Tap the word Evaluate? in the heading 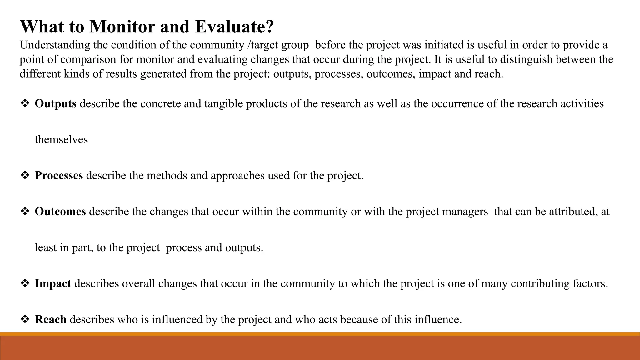click(234, 27)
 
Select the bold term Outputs click(56, 103)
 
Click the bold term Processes click(59, 175)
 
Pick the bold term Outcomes click(60, 212)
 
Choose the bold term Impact click(53, 283)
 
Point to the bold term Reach click(50, 319)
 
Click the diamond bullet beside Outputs click(24, 103)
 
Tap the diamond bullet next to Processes click(24, 175)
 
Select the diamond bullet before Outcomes click(24, 211)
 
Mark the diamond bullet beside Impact click(24, 283)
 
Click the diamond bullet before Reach click(24, 319)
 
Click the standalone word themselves click(61, 139)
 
